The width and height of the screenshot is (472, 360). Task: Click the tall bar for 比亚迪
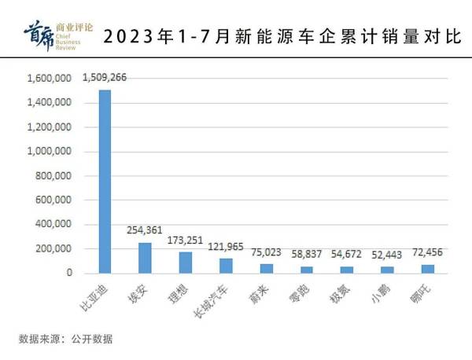pos(105,181)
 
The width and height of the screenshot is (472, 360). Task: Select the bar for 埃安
pos(145,258)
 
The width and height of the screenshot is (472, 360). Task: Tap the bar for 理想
pos(185,263)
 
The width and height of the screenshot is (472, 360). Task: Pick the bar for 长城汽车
pos(225,266)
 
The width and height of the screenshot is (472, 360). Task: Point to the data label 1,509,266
pos(110,78)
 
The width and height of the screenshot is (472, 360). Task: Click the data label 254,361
pos(145,230)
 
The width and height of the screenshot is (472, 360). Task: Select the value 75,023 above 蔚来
pos(266,254)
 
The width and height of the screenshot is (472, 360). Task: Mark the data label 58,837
pos(307,255)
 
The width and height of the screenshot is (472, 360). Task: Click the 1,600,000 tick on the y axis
pos(50,79)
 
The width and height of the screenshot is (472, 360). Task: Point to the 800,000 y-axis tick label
pos(55,176)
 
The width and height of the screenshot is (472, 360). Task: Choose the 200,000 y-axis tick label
pos(55,249)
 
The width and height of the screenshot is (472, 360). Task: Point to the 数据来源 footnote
pos(66,340)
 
